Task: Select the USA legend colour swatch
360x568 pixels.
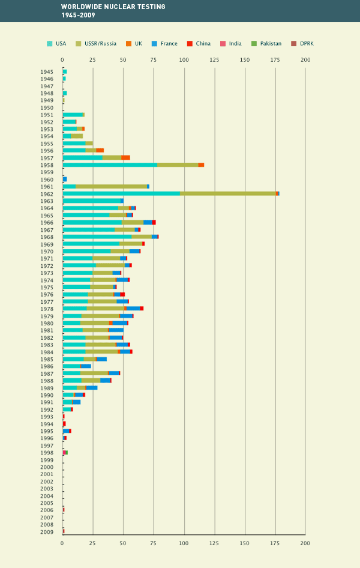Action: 50,43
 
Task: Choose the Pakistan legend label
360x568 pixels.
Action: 270,43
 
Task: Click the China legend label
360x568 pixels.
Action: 203,43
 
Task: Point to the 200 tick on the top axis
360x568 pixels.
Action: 305,59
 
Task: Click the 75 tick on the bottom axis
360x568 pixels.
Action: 154,543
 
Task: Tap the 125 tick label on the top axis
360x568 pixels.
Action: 214,59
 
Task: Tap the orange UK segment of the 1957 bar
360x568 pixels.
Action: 125,157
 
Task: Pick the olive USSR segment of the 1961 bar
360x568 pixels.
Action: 111,186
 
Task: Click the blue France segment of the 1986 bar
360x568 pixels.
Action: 86,366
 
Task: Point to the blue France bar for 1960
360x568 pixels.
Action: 65,179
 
